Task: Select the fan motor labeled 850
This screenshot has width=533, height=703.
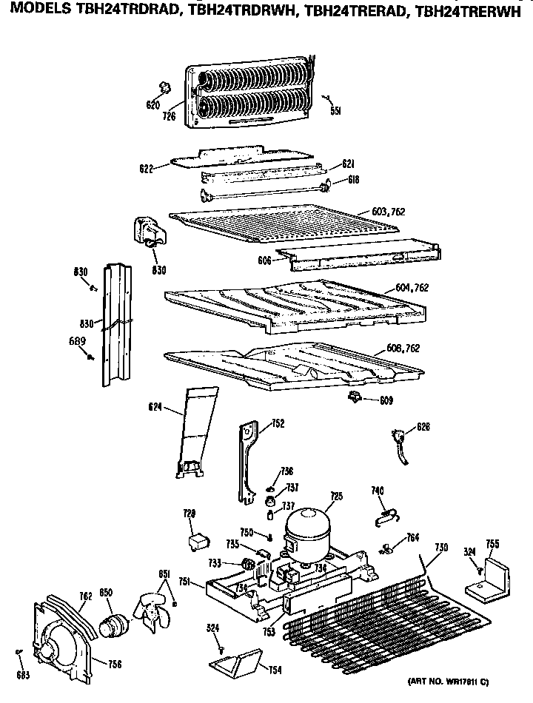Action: (x=115, y=623)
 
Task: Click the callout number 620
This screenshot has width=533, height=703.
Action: (x=152, y=106)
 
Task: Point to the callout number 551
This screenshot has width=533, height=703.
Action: (x=335, y=111)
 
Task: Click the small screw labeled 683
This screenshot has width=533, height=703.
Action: (x=20, y=652)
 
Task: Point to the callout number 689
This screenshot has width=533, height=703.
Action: (x=78, y=341)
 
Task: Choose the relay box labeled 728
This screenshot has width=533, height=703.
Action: (x=198, y=542)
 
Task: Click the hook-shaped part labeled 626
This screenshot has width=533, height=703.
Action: (x=402, y=446)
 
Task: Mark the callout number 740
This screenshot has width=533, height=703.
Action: (x=378, y=490)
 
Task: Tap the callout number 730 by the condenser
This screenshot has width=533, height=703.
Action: (x=441, y=547)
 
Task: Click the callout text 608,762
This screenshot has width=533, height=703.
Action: (x=403, y=348)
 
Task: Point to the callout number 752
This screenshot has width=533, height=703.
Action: (x=258, y=424)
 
